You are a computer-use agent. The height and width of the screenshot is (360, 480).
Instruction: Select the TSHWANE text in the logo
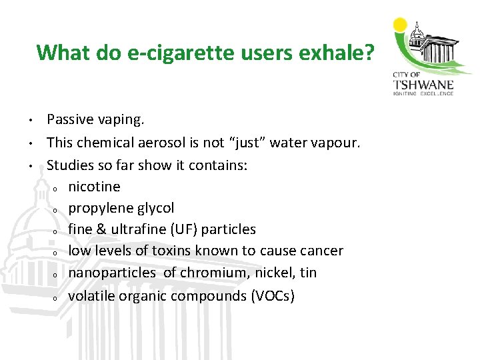(x=424, y=84)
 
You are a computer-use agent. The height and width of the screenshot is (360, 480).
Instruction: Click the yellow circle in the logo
(x=400, y=25)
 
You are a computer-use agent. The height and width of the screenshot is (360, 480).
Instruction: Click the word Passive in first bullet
(x=70, y=121)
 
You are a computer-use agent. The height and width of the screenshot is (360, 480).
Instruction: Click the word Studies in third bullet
(x=70, y=165)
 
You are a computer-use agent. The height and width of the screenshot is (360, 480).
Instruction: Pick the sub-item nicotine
(x=94, y=186)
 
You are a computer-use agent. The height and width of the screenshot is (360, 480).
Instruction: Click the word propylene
(x=99, y=208)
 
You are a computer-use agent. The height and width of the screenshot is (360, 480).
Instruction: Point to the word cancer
(x=320, y=251)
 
